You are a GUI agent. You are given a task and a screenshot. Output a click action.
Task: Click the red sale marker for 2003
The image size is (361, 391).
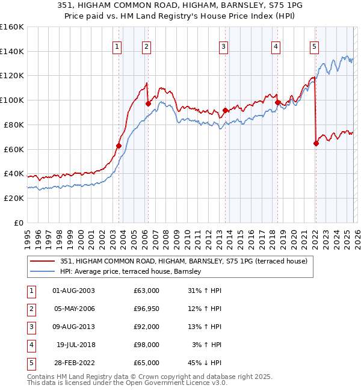[119, 145]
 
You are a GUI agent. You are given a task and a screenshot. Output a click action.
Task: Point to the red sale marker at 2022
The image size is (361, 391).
[316, 143]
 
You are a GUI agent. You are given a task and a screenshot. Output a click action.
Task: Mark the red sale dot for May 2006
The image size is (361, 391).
[148, 103]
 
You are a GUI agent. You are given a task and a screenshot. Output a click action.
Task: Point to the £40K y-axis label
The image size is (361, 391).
[13, 174]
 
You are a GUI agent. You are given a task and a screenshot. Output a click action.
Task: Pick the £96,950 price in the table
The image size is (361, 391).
[146, 309]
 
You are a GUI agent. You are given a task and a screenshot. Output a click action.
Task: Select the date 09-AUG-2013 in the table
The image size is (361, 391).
[73, 327]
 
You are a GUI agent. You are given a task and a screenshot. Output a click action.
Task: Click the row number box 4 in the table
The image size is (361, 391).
[31, 345]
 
